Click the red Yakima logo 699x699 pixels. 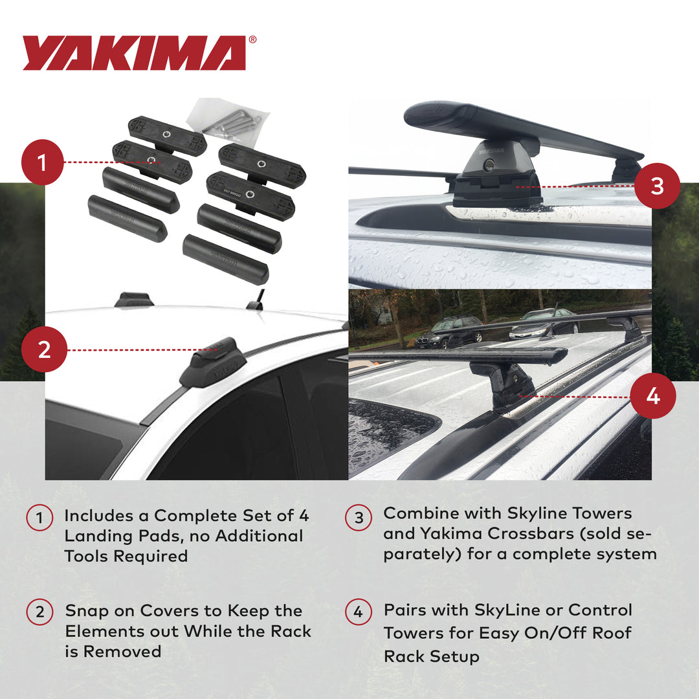click(x=135, y=53)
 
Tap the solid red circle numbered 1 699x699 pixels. click(x=43, y=162)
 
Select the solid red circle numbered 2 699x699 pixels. click(x=44, y=349)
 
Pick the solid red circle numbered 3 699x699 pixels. click(x=657, y=186)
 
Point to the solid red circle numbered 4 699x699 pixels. click(x=653, y=396)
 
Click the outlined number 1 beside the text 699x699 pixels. click(x=39, y=518)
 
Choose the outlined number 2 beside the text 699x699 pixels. click(x=39, y=612)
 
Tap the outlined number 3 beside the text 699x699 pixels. click(x=359, y=518)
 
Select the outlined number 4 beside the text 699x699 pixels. click(x=359, y=612)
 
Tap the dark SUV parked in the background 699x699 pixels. click(x=449, y=332)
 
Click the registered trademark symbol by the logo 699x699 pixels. click(x=252, y=39)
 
